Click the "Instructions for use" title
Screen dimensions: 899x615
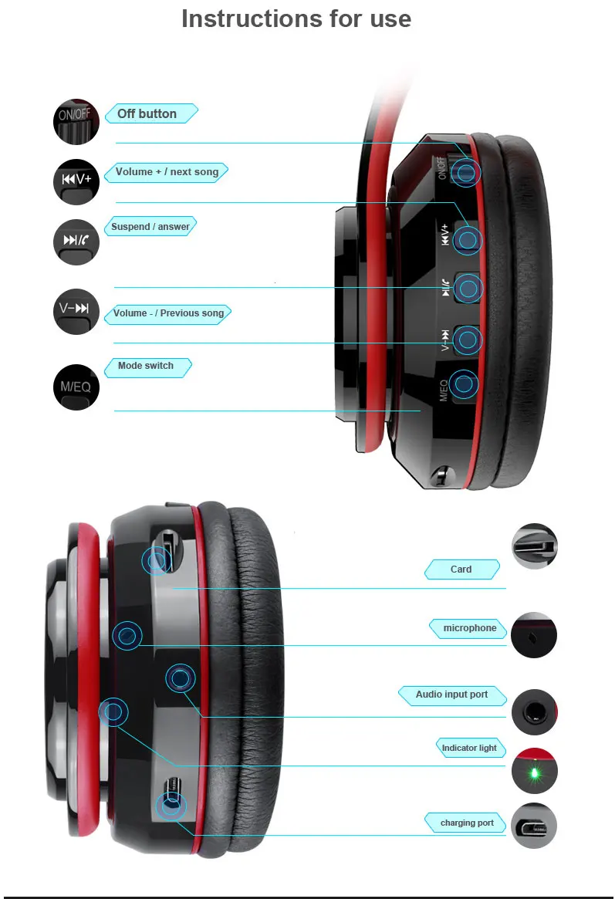click(x=296, y=19)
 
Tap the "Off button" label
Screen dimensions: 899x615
click(x=147, y=113)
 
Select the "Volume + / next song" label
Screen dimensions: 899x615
click(x=167, y=171)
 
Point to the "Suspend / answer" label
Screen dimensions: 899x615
click(x=150, y=226)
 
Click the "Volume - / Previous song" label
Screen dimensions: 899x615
click(x=169, y=313)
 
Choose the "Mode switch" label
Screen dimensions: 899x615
click(x=146, y=365)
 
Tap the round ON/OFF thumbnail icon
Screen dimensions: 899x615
click(x=76, y=122)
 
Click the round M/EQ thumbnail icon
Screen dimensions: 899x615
click(x=76, y=387)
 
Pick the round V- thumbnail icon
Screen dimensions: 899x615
click(x=76, y=311)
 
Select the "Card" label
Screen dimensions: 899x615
click(x=461, y=569)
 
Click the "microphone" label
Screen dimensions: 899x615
click(x=470, y=628)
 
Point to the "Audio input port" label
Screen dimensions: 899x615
click(x=451, y=695)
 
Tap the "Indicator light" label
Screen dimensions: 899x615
click(x=469, y=748)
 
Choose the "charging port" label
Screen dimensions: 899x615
click(x=467, y=823)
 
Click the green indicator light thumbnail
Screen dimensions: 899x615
click(x=534, y=771)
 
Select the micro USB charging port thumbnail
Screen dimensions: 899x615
click(x=534, y=826)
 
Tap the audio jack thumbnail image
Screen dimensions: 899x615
click(x=534, y=712)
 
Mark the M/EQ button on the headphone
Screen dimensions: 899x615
click(x=463, y=384)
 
